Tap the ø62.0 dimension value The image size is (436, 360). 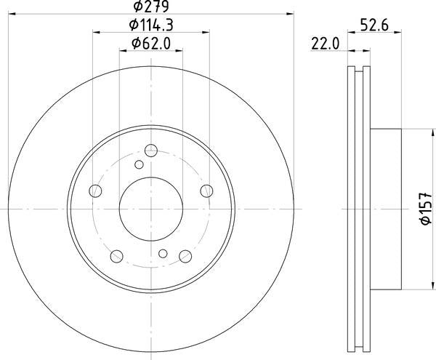pyautogui.click(x=150, y=44)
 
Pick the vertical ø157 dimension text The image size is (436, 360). pyautogui.click(x=426, y=207)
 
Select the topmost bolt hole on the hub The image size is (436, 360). pyautogui.click(x=150, y=151)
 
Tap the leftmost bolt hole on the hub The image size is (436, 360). pyautogui.click(x=95, y=191)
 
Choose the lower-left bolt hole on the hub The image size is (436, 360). pyautogui.click(x=116, y=255)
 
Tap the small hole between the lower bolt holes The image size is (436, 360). pyautogui.click(x=163, y=253)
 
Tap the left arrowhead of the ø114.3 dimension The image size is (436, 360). pyautogui.click(x=97, y=31)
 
